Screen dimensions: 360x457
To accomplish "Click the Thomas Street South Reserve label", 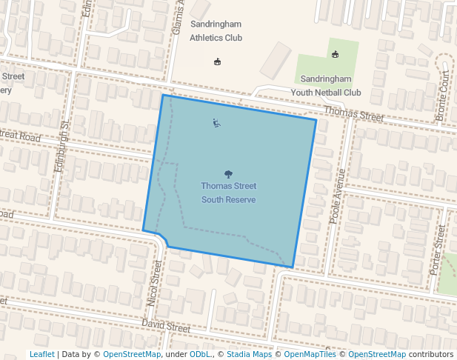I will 229,193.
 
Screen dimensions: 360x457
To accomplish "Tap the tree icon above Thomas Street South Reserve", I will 228,173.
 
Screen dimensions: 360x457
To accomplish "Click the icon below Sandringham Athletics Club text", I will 217,61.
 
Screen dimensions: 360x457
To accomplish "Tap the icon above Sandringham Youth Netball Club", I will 335,54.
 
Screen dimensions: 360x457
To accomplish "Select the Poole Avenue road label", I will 338,196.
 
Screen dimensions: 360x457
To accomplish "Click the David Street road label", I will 167,326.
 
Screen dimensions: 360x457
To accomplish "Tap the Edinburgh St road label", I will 62,146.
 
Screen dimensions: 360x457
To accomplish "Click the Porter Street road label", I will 438,250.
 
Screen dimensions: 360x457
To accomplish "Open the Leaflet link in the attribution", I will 42,354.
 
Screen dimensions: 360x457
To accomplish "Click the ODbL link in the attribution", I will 201,354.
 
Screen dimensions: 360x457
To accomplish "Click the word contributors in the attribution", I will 431,354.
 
